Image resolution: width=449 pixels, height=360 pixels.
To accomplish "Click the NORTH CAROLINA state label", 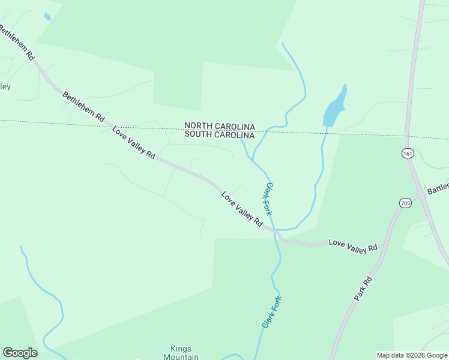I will (220, 126).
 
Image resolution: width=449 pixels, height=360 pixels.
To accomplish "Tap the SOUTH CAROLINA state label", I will (220, 135).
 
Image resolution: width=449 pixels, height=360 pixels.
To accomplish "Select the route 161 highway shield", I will (408, 154).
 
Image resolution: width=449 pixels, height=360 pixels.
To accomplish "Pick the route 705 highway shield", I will (405, 203).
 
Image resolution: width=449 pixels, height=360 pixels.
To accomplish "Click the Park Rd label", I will (363, 289).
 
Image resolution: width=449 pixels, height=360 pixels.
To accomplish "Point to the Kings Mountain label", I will (181, 353).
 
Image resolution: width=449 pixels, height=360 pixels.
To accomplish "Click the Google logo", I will (20, 353).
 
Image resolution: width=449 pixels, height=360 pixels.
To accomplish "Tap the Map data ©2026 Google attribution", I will (412, 355).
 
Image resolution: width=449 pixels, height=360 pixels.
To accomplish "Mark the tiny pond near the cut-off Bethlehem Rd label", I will (47, 17).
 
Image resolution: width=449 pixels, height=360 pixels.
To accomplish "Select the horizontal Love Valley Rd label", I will (353, 246).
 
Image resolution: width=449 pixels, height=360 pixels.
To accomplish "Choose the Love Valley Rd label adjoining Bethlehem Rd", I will (133, 142).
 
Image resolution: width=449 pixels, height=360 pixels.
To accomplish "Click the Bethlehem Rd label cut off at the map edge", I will (17, 43).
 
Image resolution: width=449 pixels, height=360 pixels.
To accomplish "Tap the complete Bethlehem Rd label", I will (83, 107).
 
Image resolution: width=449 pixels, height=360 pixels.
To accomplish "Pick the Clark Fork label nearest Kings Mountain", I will (272, 311).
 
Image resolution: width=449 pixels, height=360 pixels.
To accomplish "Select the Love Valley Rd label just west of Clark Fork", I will (242, 209).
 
